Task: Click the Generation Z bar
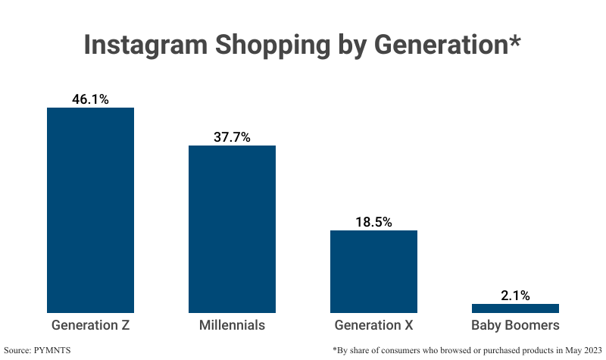pyautogui.click(x=90, y=210)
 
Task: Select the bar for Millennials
pyautogui.click(x=232, y=229)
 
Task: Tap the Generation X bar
pyautogui.click(x=373, y=271)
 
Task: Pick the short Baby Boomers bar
pyautogui.click(x=515, y=308)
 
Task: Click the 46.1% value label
pyautogui.click(x=90, y=99)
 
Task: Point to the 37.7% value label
pyautogui.click(x=232, y=137)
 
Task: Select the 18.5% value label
pyautogui.click(x=373, y=222)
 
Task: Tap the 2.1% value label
pyautogui.click(x=515, y=296)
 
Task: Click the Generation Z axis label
pyautogui.click(x=90, y=326)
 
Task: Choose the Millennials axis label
pyautogui.click(x=232, y=326)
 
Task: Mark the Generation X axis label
pyautogui.click(x=373, y=326)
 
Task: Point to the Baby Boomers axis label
pyautogui.click(x=515, y=326)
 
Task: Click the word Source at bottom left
pyautogui.click(x=22, y=350)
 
